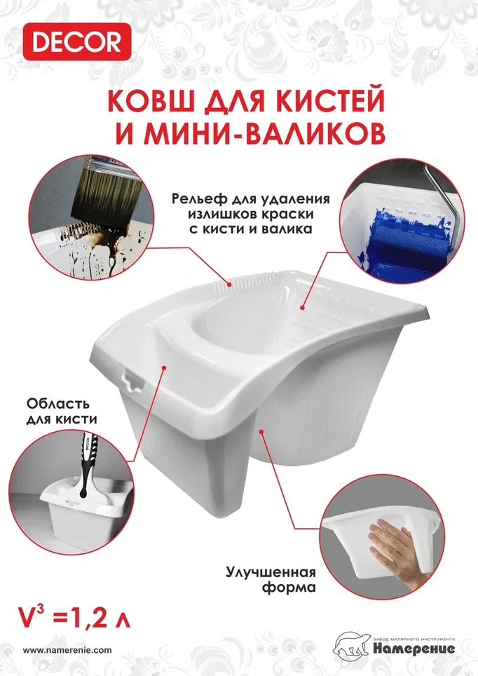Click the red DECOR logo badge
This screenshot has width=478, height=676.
(x=76, y=42)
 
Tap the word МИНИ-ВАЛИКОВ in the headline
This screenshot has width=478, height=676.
(x=264, y=133)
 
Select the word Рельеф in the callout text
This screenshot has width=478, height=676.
(x=199, y=200)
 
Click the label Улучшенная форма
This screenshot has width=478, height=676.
(x=271, y=579)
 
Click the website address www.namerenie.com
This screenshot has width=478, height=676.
(x=67, y=650)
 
